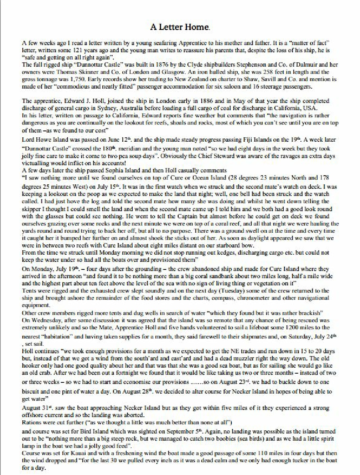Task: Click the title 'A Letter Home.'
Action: point(180,27)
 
